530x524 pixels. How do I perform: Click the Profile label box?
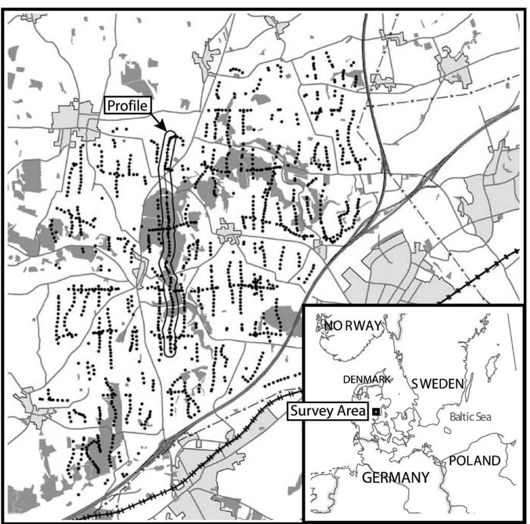(128, 105)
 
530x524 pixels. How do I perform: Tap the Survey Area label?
(327, 411)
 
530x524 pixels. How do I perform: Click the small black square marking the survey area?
(376, 411)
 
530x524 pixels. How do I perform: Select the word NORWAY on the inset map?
(353, 325)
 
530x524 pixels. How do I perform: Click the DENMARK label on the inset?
(367, 380)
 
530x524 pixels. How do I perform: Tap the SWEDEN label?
(437, 383)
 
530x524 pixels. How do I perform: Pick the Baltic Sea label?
(470, 417)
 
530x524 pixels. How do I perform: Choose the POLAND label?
(475, 461)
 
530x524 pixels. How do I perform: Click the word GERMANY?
(396, 478)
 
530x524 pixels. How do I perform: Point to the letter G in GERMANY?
(367, 478)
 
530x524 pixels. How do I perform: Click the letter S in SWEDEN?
(415, 383)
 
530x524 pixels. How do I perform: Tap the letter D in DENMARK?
(346, 380)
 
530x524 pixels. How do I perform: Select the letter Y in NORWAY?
(378, 325)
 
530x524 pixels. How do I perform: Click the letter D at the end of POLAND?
(496, 461)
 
